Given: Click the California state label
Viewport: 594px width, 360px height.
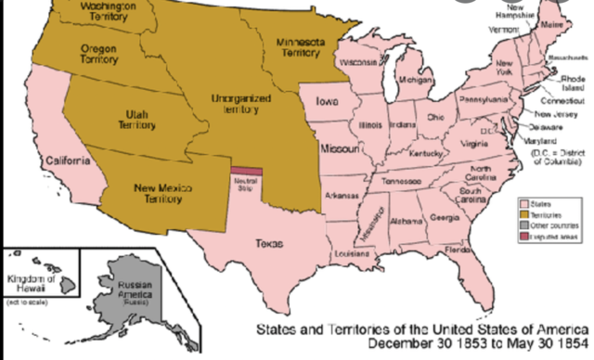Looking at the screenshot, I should [x=69, y=161].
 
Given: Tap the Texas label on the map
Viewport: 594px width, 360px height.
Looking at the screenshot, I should [x=269, y=243].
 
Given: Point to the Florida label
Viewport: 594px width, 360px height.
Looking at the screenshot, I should [x=458, y=251].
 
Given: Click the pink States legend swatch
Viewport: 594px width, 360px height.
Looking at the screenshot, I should [x=525, y=203].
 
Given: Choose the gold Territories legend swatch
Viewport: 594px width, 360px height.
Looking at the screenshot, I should [x=525, y=214].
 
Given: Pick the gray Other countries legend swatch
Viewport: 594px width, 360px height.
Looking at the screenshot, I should [x=525, y=225].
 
